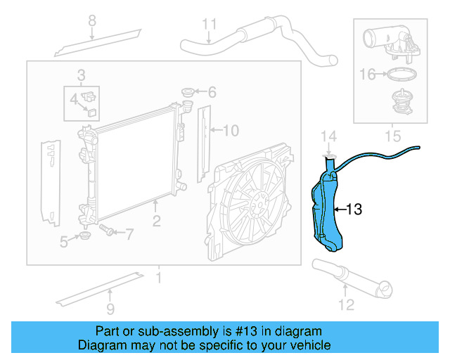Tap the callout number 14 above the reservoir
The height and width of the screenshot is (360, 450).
pyautogui.click(x=329, y=136)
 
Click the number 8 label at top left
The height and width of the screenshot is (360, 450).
pyautogui.click(x=91, y=21)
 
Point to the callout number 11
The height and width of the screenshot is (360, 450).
pyautogui.click(x=209, y=25)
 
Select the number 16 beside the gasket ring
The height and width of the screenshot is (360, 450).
pyautogui.click(x=368, y=73)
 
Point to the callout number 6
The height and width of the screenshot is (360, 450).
pyautogui.click(x=212, y=91)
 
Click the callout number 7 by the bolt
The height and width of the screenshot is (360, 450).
pyautogui.click(x=129, y=233)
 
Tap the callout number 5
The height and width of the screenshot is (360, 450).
pyautogui.click(x=64, y=242)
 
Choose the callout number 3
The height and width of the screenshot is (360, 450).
pyautogui.click(x=82, y=75)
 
